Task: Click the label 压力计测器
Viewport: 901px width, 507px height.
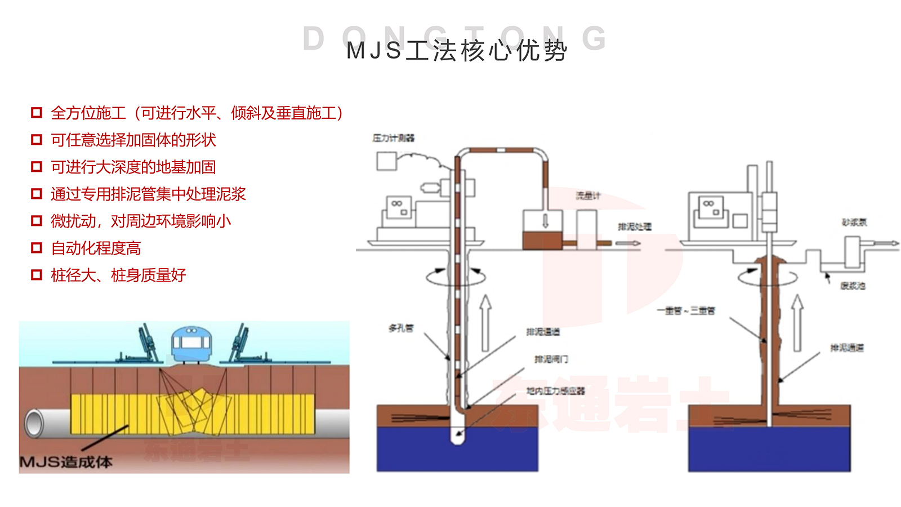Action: click(x=393, y=138)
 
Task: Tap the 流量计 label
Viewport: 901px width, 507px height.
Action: click(x=588, y=195)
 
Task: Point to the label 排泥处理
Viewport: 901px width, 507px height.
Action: click(x=634, y=226)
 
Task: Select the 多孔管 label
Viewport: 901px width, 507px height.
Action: click(x=401, y=328)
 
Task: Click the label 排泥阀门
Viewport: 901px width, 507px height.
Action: click(x=551, y=359)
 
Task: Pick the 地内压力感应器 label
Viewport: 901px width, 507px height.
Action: click(x=555, y=390)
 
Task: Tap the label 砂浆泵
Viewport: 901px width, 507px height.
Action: click(x=854, y=223)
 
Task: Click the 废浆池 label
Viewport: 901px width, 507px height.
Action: click(x=853, y=286)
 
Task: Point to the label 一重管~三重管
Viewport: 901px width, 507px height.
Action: click(x=686, y=310)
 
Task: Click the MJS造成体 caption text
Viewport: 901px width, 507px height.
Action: click(x=66, y=462)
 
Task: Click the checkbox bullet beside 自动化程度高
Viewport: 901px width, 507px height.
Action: click(x=37, y=248)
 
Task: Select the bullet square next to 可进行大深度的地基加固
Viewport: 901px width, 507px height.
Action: click(x=37, y=167)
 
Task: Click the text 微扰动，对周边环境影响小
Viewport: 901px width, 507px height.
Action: click(x=141, y=221)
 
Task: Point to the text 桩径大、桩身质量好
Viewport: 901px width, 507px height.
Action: click(x=118, y=275)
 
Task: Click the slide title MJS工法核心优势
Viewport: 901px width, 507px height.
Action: click(x=456, y=51)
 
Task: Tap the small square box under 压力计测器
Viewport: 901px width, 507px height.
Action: click(x=386, y=161)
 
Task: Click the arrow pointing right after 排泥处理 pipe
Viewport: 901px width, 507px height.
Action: click(x=628, y=243)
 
